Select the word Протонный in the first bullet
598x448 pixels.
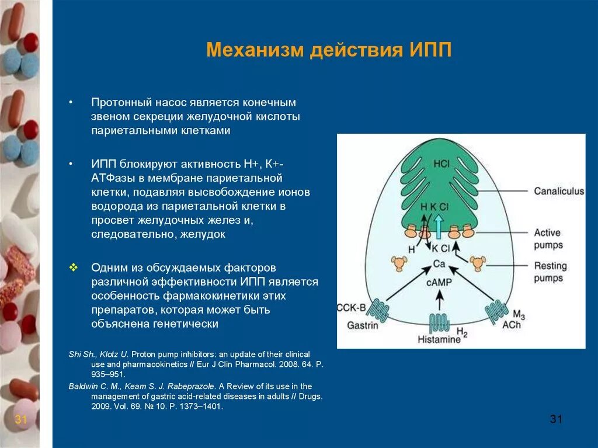click(121, 102)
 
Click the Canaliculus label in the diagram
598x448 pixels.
click(558, 191)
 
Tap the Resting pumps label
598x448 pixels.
click(550, 272)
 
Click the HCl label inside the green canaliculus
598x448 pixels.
click(441, 164)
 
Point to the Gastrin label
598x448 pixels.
click(363, 325)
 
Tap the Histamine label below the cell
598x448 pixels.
click(439, 339)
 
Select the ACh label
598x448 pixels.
click(512, 324)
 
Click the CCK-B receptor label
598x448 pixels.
click(352, 308)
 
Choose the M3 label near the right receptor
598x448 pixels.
click(518, 315)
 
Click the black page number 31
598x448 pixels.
click(556, 419)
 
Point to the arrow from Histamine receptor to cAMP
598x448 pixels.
click(440, 300)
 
